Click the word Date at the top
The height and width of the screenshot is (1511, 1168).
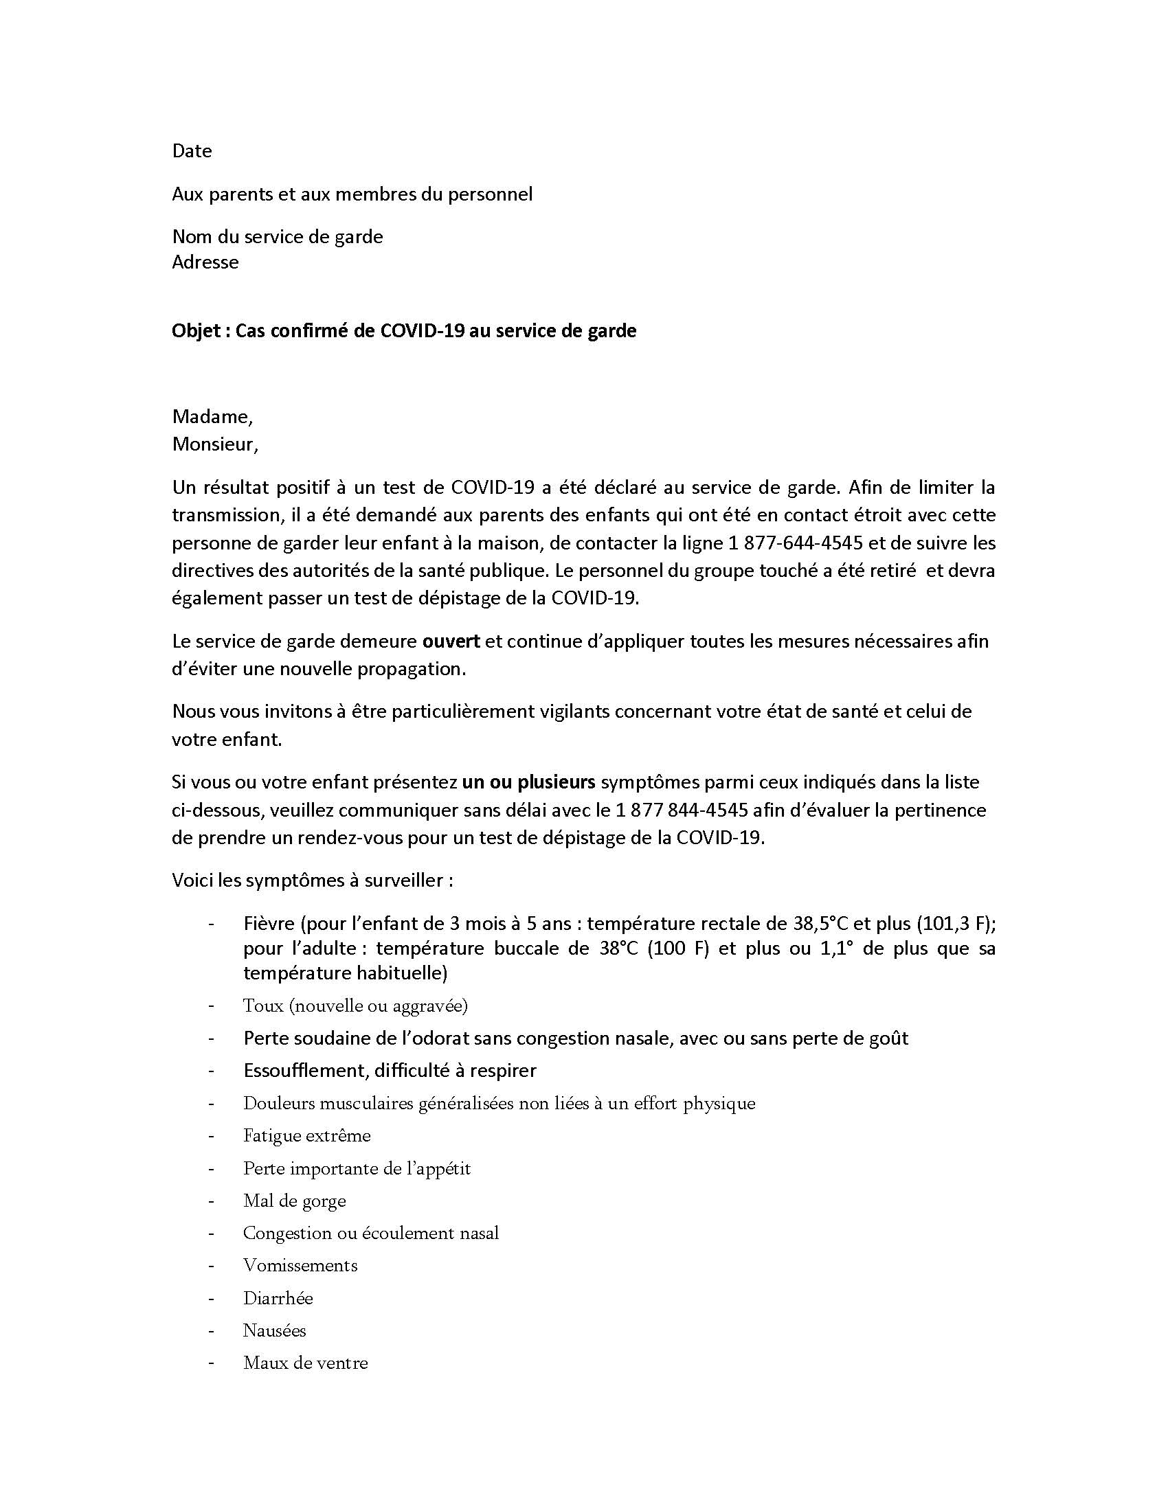(192, 151)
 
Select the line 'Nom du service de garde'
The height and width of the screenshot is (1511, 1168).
(277, 237)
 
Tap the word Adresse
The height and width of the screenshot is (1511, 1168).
(205, 262)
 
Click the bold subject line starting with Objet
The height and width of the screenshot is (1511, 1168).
(403, 331)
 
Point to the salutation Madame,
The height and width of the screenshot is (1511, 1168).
(212, 416)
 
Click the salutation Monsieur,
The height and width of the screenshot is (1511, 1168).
(214, 444)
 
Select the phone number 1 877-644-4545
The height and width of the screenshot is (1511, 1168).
(795, 543)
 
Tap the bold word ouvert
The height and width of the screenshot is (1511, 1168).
(451, 641)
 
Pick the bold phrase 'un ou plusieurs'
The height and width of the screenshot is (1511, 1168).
(528, 782)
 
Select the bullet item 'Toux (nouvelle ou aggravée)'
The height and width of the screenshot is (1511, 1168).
(355, 1006)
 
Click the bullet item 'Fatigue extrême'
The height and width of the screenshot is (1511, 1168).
(306, 1136)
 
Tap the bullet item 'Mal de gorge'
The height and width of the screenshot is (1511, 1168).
(294, 1201)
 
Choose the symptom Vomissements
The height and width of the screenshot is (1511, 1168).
(300, 1265)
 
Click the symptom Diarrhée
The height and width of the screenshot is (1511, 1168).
(278, 1299)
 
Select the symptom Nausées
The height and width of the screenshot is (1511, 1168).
(274, 1330)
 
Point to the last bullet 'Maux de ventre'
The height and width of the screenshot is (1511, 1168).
(305, 1363)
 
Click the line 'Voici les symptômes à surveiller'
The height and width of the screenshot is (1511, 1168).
(312, 881)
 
